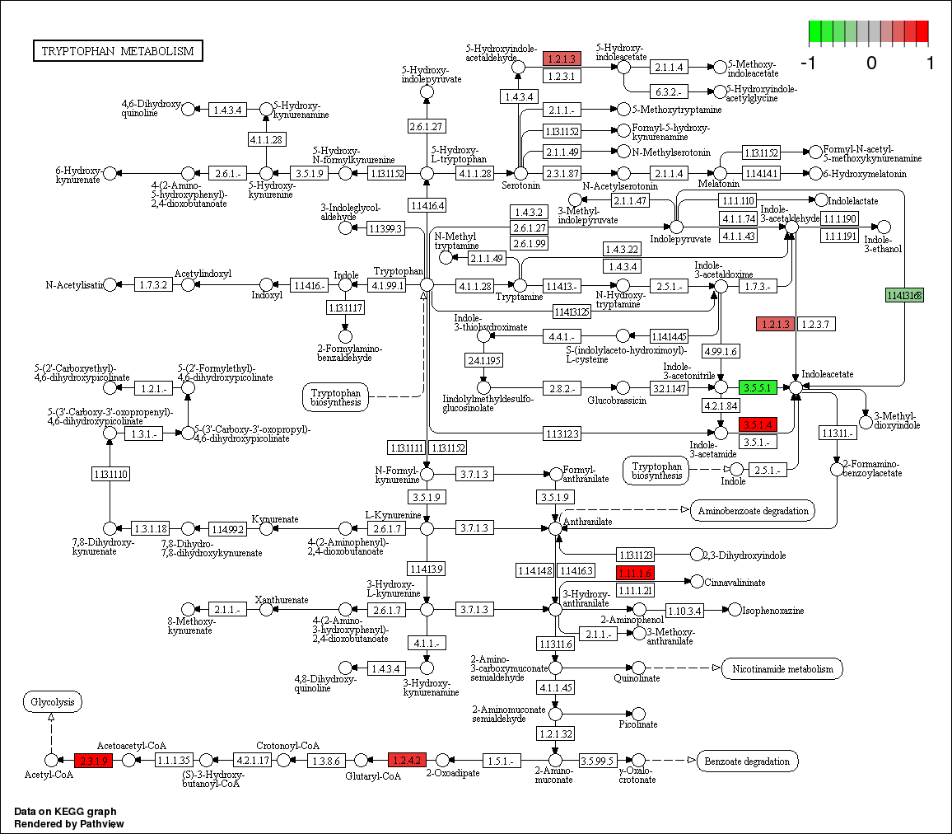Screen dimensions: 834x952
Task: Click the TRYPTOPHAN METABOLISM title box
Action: [x=118, y=51]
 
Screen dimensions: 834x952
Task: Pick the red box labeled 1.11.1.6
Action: [x=634, y=573]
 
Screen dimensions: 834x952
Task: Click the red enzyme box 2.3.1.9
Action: [x=92, y=760]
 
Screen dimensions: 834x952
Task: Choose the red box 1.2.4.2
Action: [x=405, y=760]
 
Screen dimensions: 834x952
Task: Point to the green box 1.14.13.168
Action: [x=903, y=295]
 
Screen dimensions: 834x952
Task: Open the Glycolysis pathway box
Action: [x=52, y=702]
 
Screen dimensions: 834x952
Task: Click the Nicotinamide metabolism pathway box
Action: [x=782, y=668]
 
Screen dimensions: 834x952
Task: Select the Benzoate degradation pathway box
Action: [x=748, y=760]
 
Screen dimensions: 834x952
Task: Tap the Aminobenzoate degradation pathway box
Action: [x=753, y=510]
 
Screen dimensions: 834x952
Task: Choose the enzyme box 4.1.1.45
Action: [x=556, y=687]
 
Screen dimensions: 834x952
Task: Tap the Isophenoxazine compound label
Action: [x=769, y=611]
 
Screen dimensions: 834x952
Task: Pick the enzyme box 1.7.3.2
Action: [x=153, y=284]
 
